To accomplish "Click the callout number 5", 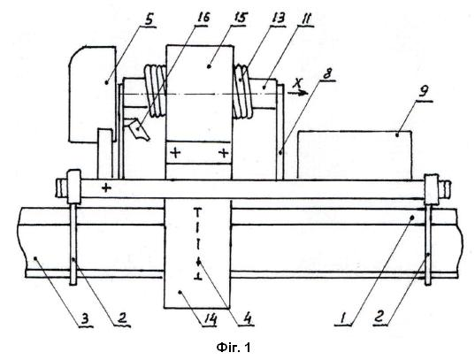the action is [x=149, y=20].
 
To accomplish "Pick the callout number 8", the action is [x=327, y=74].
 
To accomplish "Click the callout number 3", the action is [x=86, y=319].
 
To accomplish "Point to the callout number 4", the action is [x=247, y=318].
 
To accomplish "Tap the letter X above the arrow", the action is [x=299, y=82].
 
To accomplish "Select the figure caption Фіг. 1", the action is [x=234, y=348].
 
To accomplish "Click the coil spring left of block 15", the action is [x=156, y=91].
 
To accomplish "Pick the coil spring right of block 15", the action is [x=242, y=91].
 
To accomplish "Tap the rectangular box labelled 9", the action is [x=355, y=155].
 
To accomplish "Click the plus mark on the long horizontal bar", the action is [x=106, y=188].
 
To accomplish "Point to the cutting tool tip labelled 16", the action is [x=138, y=130].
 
